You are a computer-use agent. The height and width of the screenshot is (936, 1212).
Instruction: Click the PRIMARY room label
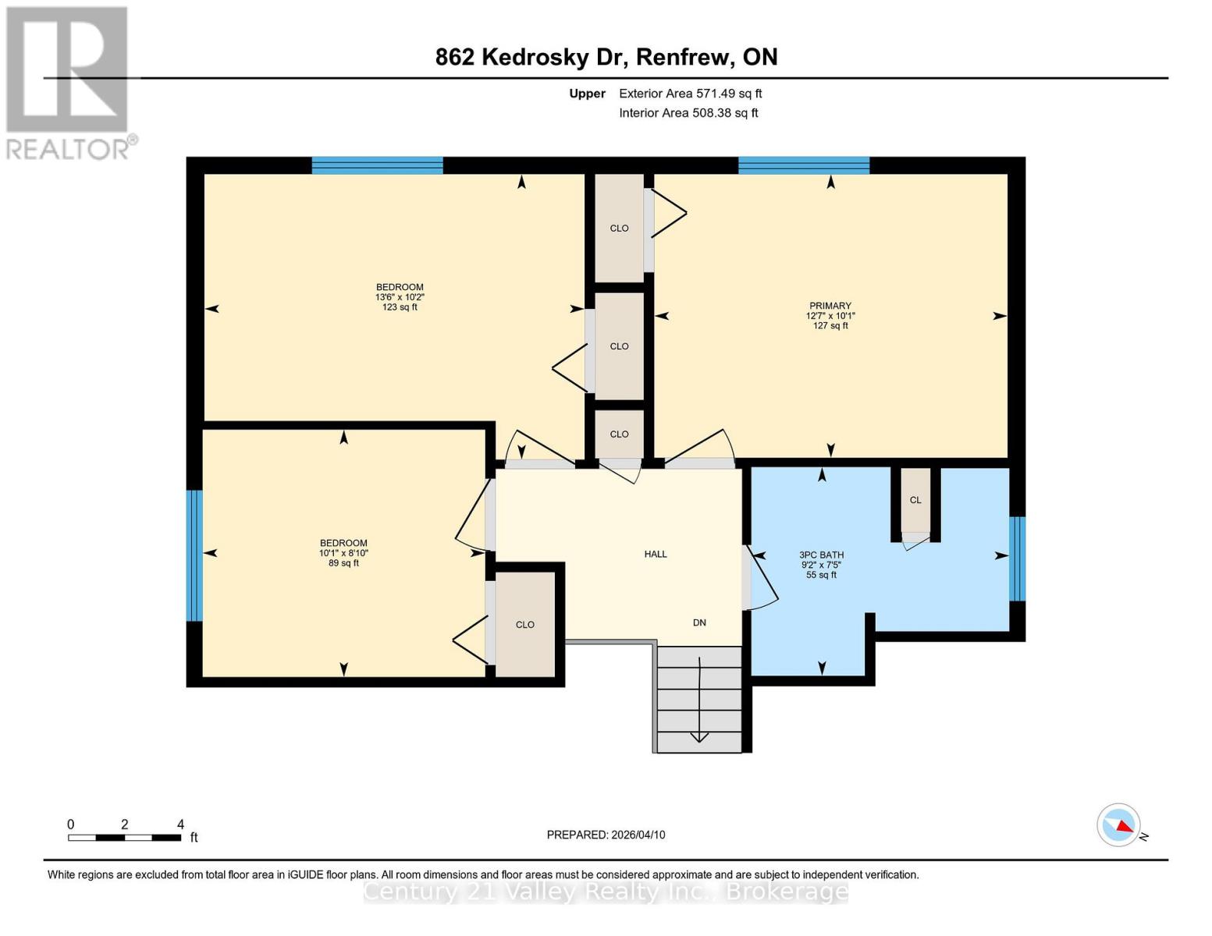pyautogui.click(x=830, y=306)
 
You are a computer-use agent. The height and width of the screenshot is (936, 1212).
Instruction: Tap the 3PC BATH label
pyautogui.click(x=821, y=555)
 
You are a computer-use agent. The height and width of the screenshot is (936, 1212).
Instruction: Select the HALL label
pyautogui.click(x=656, y=554)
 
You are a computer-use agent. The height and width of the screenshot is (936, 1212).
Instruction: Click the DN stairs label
pyautogui.click(x=699, y=622)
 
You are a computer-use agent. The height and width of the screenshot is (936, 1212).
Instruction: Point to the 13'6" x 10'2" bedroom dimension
pyautogui.click(x=400, y=297)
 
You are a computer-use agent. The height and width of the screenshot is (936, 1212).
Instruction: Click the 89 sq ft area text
pyautogui.click(x=343, y=563)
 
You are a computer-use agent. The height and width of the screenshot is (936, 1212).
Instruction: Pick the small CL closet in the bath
pyautogui.click(x=915, y=500)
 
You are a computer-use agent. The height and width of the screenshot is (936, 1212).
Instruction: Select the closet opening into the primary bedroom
pyautogui.click(x=619, y=228)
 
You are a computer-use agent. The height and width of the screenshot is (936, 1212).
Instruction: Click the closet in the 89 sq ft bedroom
pyautogui.click(x=525, y=624)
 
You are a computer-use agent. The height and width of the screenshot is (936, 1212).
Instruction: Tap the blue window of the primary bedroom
pyautogui.click(x=804, y=165)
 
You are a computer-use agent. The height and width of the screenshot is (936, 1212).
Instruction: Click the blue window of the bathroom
pyautogui.click(x=1017, y=558)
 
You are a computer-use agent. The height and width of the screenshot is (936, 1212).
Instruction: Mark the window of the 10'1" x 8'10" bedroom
pyautogui.click(x=194, y=555)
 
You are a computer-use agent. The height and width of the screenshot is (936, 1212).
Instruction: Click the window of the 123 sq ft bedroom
pyautogui.click(x=378, y=165)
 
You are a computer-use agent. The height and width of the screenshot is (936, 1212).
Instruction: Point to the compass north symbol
pyautogui.click(x=1119, y=824)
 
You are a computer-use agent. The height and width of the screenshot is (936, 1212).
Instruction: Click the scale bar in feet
pyautogui.click(x=125, y=837)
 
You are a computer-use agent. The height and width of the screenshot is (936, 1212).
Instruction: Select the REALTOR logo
pyautogui.click(x=68, y=83)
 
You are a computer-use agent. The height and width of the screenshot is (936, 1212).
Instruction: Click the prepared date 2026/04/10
pyautogui.click(x=606, y=835)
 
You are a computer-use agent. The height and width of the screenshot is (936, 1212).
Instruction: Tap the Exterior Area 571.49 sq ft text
pyautogui.click(x=690, y=94)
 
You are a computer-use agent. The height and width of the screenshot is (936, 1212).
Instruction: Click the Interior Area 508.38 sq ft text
pyautogui.click(x=688, y=113)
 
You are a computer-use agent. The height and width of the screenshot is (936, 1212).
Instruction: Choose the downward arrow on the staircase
pyautogui.click(x=699, y=733)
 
